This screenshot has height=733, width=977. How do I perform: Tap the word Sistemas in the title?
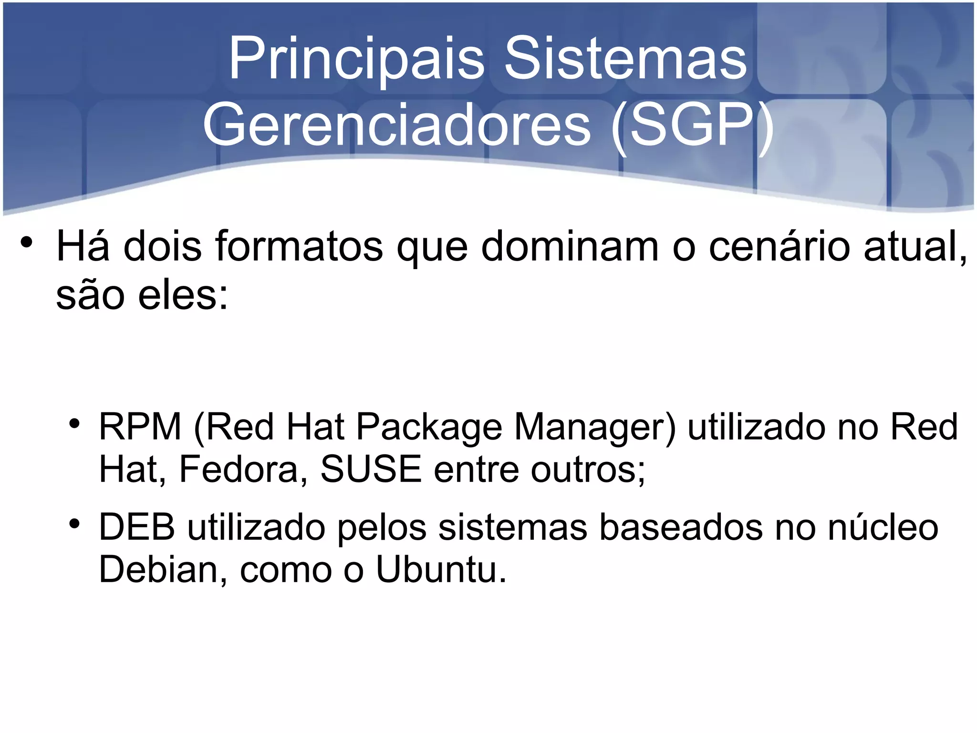[x=625, y=59]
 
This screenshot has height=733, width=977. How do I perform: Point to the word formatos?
[x=299, y=247]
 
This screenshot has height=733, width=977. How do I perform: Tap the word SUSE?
[x=371, y=470]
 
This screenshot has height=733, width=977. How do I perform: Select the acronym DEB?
[x=137, y=527]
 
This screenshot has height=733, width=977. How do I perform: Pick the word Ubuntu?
[x=441, y=569]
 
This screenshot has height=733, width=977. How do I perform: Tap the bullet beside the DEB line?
[x=73, y=524]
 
